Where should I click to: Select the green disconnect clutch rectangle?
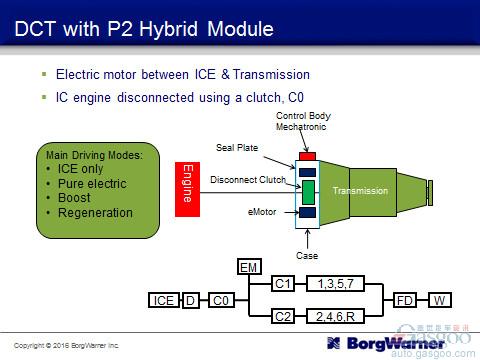tap(308, 191)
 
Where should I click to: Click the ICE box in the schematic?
tap(164, 299)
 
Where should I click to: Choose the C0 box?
tap(222, 299)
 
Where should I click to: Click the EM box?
tap(248, 267)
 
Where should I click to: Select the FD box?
tap(405, 299)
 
